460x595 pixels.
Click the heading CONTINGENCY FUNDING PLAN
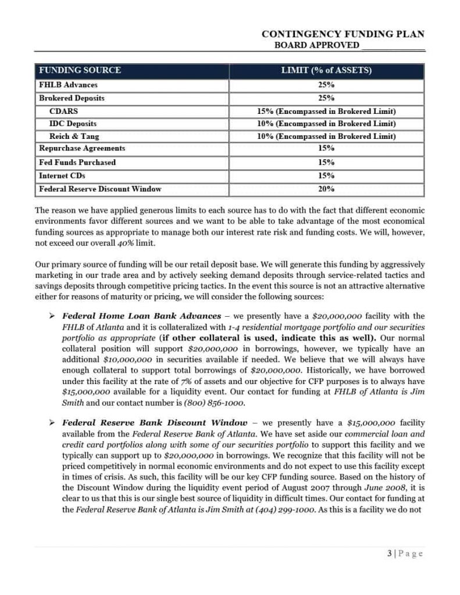pyautogui.click(x=343, y=35)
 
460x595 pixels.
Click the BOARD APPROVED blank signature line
pyautogui.click(x=393, y=46)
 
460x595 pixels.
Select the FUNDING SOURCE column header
pyautogui.click(x=80, y=71)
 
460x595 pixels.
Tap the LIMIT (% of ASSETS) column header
pyautogui.click(x=326, y=71)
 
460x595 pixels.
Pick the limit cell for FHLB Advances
pyautogui.click(x=326, y=85)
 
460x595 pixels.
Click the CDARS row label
pyautogui.click(x=63, y=111)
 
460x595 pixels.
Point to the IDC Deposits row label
pyautogui.click(x=73, y=124)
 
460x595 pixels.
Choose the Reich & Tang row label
pyautogui.click(x=74, y=137)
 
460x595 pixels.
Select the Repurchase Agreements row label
pyautogui.click(x=82, y=149)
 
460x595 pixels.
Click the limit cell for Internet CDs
pyautogui.click(x=326, y=175)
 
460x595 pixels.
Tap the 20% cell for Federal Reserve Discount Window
pyautogui.click(x=326, y=189)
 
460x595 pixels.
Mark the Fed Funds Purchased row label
pyautogui.click(x=77, y=162)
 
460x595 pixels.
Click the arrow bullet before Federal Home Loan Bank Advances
pyautogui.click(x=52, y=316)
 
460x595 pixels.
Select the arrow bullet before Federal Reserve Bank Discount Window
pyautogui.click(x=52, y=422)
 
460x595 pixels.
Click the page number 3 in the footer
pyautogui.click(x=388, y=554)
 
